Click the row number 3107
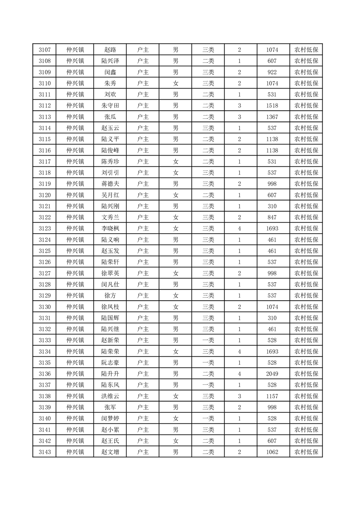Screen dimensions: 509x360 [x=44, y=50]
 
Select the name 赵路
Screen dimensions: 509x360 [x=110, y=50]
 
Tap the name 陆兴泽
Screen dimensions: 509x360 [x=110, y=61]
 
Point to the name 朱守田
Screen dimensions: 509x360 [x=110, y=106]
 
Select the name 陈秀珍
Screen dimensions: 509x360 [x=110, y=162]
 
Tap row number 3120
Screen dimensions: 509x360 [x=44, y=195]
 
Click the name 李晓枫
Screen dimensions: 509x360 [x=110, y=229]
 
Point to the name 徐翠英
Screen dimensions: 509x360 [x=110, y=273]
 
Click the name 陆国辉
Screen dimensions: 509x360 [x=110, y=318]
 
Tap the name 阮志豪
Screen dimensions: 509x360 [x=110, y=362]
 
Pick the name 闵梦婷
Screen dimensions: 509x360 [x=110, y=418]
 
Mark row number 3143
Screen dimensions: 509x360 [x=44, y=452]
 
